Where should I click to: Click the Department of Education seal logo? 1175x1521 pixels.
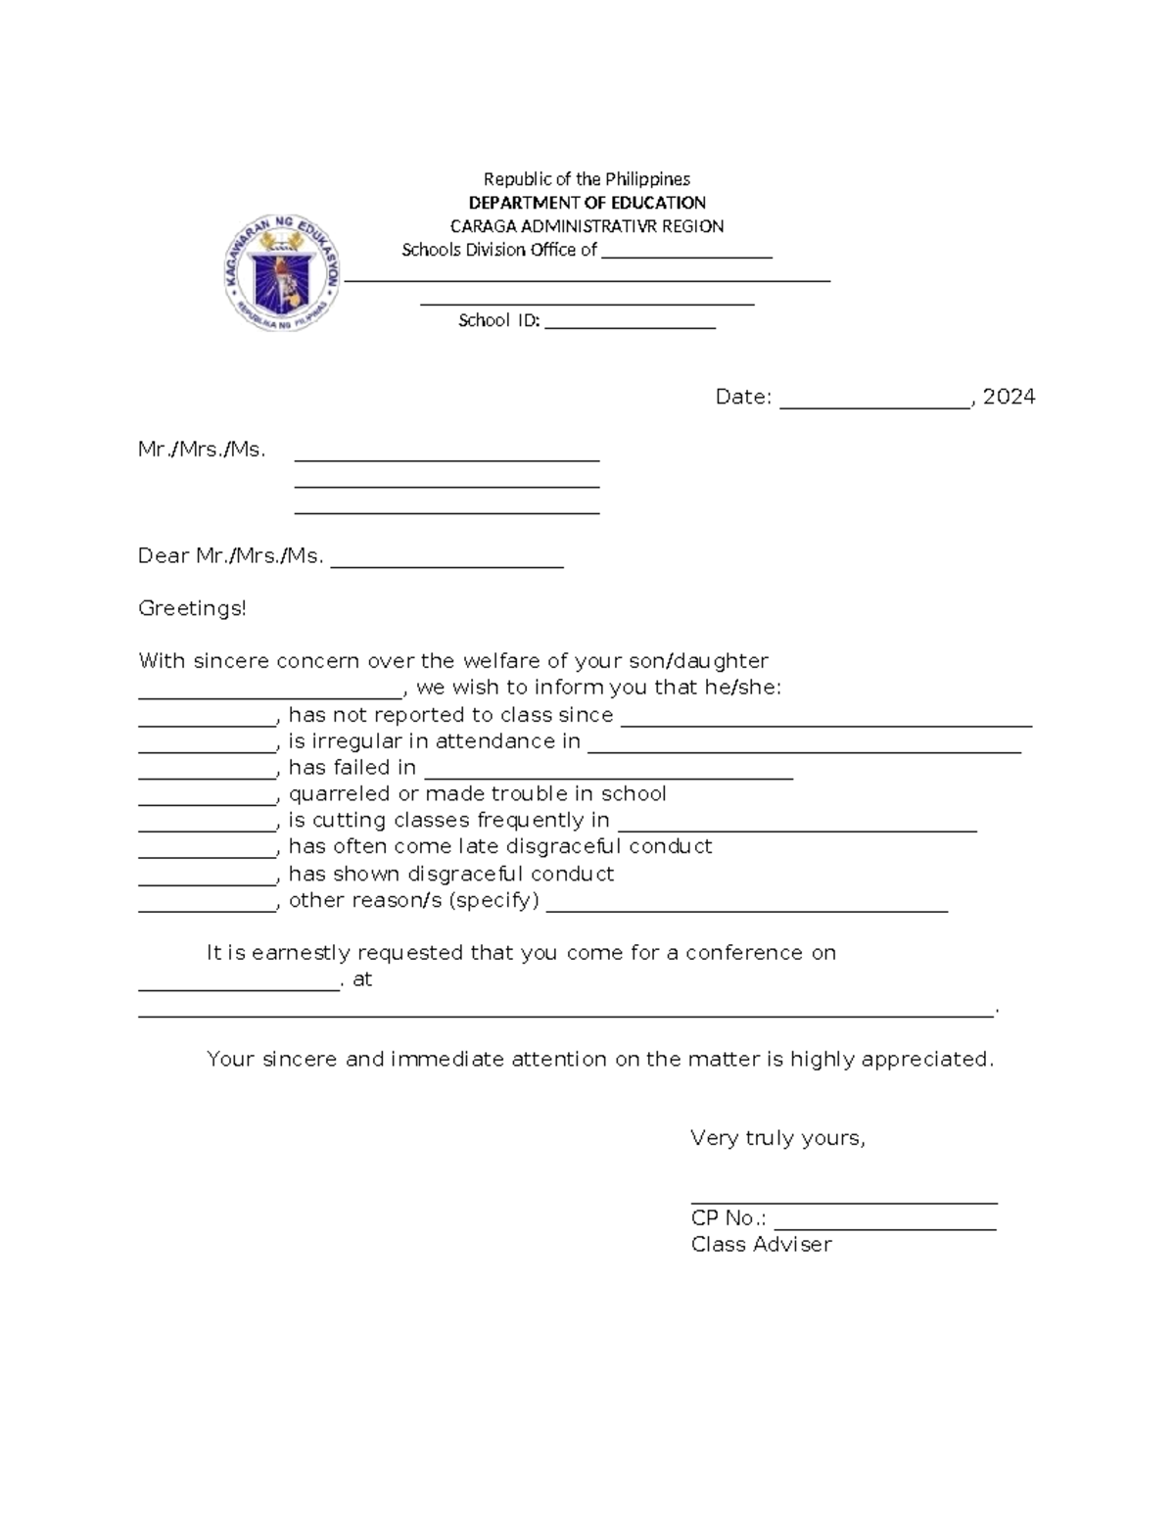coord(281,273)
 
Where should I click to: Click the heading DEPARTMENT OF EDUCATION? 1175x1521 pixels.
coord(587,203)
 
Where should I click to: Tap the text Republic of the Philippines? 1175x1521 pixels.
coord(587,179)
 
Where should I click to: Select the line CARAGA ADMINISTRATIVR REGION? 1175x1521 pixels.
coord(587,226)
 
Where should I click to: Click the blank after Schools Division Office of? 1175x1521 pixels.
coord(686,252)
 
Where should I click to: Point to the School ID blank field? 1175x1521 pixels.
coord(630,322)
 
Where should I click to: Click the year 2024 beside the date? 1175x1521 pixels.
coord(1009,397)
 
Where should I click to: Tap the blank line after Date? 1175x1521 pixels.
coord(874,399)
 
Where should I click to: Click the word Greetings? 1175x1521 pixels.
coord(192,608)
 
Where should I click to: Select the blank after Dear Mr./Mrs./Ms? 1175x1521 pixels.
coord(447,558)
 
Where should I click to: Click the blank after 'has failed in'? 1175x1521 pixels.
coord(608,771)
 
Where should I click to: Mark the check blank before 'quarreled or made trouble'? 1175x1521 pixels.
coord(208,797)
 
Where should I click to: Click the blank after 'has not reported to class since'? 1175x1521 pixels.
coord(826,718)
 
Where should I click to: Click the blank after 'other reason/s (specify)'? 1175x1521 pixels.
coord(746,904)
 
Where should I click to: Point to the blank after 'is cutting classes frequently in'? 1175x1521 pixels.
coord(797,824)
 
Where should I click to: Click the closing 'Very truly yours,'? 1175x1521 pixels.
coord(777,1138)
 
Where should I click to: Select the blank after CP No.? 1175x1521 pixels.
coord(884,1221)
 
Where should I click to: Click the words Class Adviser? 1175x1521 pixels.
coord(761,1245)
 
